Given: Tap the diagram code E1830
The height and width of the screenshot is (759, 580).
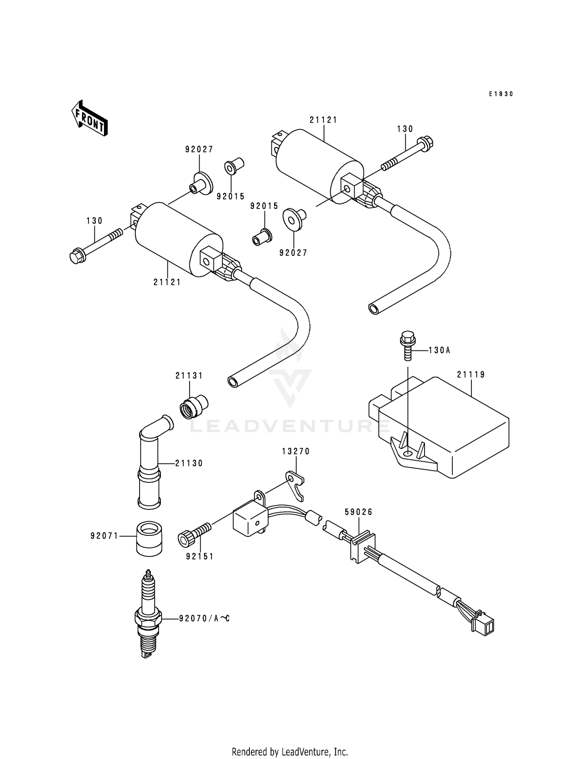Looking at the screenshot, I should [501, 94].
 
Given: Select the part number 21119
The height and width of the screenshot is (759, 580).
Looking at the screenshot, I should [471, 374].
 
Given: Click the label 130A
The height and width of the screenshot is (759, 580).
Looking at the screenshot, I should [439, 350].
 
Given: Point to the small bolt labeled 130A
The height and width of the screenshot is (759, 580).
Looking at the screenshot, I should [407, 345].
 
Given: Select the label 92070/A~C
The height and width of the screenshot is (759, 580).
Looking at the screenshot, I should [204, 619].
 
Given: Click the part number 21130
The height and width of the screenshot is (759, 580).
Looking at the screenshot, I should [189, 463].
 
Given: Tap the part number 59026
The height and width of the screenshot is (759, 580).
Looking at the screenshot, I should [358, 512].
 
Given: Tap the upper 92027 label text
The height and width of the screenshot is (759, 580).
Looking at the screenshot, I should [199, 149].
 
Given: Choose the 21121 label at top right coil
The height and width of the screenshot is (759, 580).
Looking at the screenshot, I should [323, 120].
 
